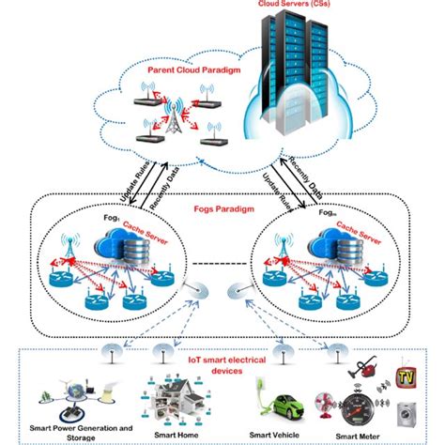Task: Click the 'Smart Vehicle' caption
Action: coord(275,434)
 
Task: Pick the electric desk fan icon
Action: coord(321,398)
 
